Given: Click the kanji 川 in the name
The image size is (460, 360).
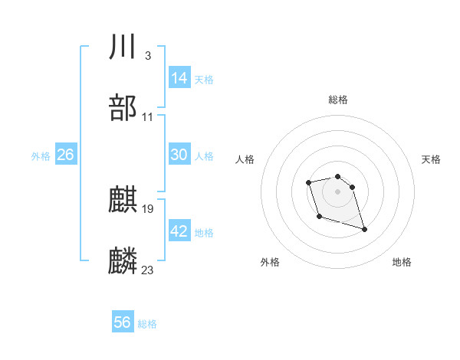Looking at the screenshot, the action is click(x=123, y=47).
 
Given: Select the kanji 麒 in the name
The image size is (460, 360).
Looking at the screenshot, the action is click(x=123, y=201).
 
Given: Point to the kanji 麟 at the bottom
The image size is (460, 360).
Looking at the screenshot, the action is click(x=123, y=261).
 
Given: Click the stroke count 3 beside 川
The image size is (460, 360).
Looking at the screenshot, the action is click(x=147, y=56).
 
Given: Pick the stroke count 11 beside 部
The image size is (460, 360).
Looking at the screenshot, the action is click(x=148, y=117).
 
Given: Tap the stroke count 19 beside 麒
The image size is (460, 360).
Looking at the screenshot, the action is click(x=148, y=208).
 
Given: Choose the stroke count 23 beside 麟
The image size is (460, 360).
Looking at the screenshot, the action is click(x=148, y=270).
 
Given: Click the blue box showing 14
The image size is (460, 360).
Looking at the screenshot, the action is click(x=179, y=78).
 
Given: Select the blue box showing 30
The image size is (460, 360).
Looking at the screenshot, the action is click(x=179, y=155).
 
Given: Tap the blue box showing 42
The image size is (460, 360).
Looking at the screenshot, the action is click(x=179, y=231).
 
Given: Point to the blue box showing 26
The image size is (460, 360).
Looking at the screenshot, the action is click(x=65, y=155).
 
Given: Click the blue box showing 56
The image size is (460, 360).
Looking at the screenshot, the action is click(x=123, y=322).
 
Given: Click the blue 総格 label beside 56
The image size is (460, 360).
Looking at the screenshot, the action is click(x=147, y=324).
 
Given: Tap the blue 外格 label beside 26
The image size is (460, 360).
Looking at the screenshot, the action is click(x=41, y=156).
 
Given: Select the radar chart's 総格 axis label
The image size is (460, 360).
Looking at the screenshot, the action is click(x=338, y=100).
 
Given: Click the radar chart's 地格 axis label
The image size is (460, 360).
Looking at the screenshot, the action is click(x=402, y=263).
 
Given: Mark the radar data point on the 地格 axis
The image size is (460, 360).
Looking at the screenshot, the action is click(x=364, y=229).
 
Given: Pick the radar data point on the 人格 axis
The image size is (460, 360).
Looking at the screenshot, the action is click(x=308, y=182).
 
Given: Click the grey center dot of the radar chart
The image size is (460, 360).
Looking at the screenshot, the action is click(x=337, y=191).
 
